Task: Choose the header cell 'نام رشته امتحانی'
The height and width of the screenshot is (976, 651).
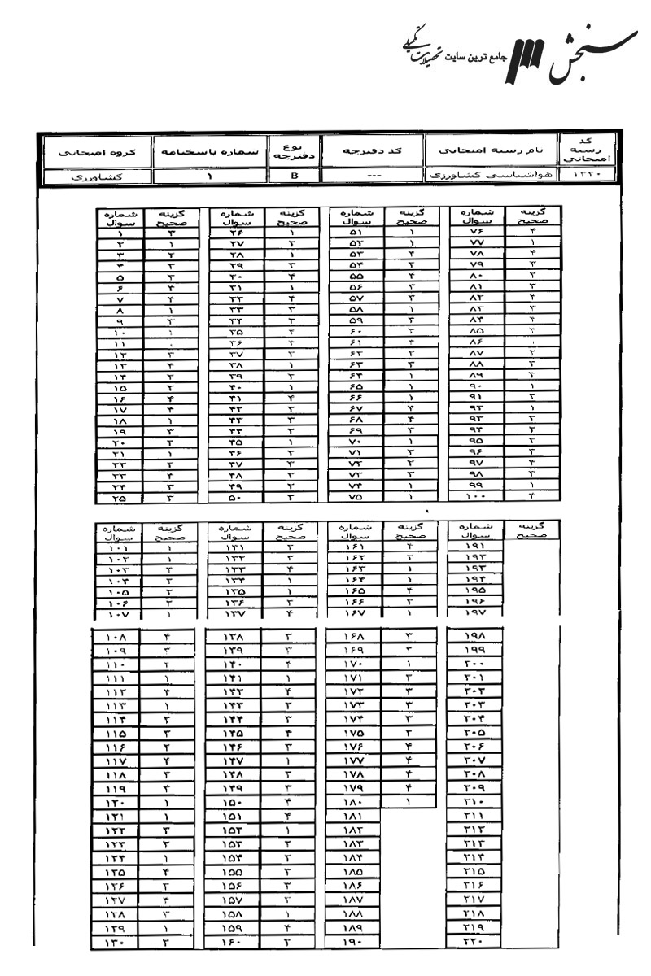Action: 491,152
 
